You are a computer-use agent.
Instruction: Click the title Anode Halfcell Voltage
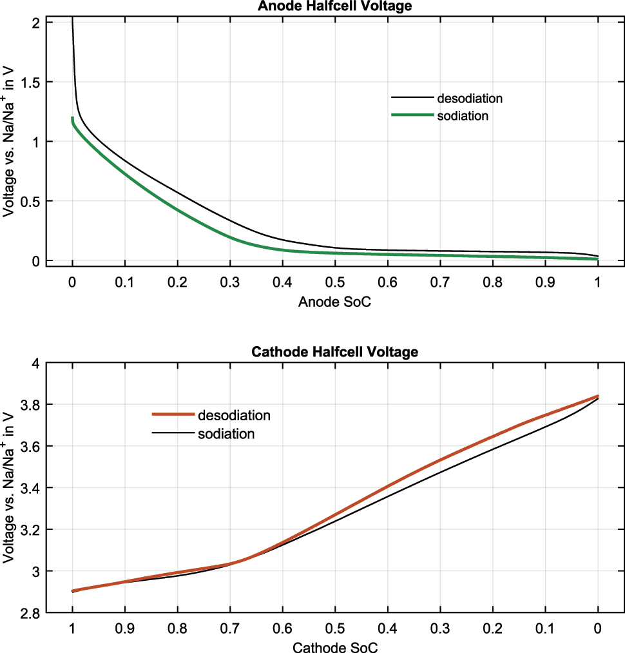point(335,6)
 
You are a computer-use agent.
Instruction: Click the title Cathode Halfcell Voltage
point(335,351)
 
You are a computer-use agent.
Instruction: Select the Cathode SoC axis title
point(335,647)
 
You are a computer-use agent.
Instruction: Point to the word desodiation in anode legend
point(470,99)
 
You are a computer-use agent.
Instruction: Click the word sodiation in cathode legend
point(226,434)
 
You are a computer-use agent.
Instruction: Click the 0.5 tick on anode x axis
point(335,282)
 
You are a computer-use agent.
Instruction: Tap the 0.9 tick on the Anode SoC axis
point(545,282)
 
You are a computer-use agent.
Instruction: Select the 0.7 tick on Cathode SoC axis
point(230,627)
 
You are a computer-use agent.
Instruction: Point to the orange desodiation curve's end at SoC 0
point(597,396)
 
